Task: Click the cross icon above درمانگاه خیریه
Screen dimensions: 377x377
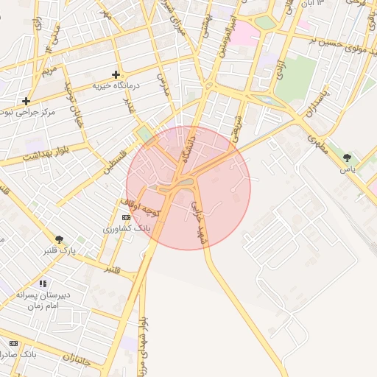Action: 116,74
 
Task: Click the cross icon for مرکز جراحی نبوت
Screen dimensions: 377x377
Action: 27,101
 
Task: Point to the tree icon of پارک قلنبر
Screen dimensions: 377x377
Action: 60,239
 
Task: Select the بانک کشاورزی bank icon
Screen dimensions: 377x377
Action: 126,218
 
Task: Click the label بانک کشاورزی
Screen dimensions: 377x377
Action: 129,229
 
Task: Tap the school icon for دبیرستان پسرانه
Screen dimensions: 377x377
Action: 43,283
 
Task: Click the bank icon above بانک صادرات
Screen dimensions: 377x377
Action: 13,343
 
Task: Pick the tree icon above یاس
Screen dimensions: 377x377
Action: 347,157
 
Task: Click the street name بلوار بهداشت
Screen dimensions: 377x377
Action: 46,155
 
